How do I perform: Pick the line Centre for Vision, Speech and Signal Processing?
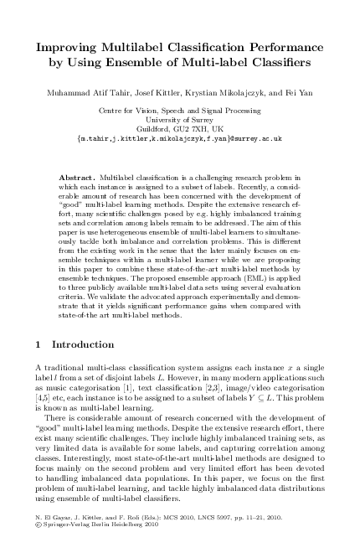[180, 110]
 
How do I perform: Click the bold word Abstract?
[79, 179]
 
